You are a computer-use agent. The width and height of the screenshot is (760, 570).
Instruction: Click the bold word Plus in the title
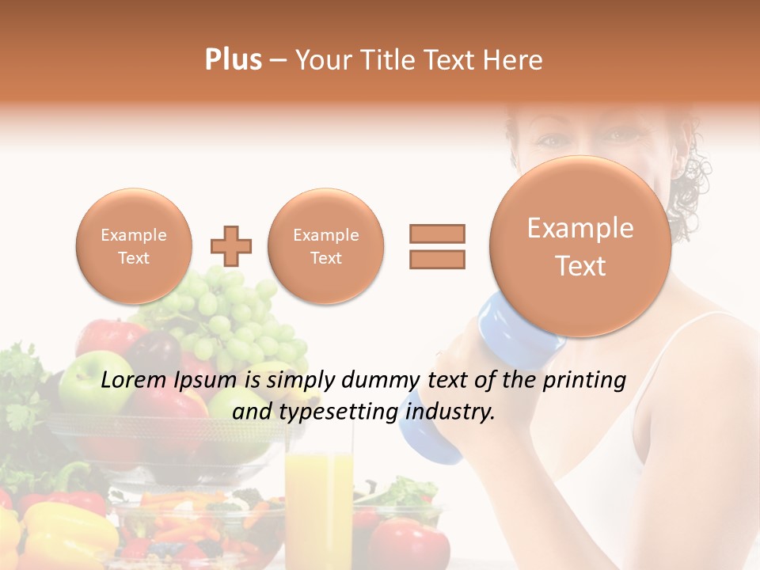233,60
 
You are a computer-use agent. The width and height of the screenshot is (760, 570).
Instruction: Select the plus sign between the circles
231,246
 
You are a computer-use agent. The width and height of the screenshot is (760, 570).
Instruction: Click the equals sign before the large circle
436,246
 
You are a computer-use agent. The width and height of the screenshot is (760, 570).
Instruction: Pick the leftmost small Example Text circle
134,246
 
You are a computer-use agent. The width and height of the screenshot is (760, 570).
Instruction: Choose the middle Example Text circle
325,246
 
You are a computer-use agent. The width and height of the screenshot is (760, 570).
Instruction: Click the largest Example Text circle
580,246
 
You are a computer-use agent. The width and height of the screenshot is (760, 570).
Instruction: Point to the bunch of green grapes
237,317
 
